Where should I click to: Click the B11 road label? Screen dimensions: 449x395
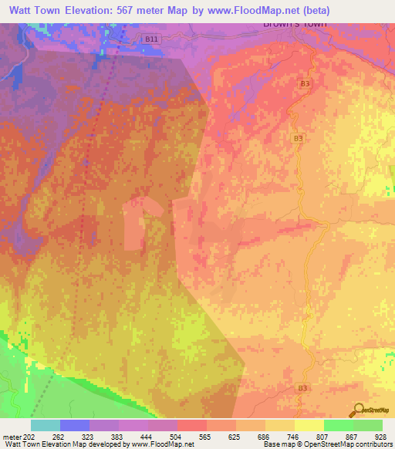pos(152,38)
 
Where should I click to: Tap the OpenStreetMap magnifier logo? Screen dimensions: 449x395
pos(360,410)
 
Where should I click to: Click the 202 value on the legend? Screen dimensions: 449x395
pos(29,437)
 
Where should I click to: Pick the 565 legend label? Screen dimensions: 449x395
pos(205,437)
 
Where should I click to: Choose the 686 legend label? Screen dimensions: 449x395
pos(264,437)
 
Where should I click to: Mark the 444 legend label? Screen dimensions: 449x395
pos(146,437)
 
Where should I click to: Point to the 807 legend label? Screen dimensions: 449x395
pos(322,437)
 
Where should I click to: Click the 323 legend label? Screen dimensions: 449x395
pos(87,437)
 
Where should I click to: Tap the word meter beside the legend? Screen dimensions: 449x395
pos(11,437)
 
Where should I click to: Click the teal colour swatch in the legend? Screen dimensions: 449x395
pos(45,425)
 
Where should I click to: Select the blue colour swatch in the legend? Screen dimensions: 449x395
pos(74,425)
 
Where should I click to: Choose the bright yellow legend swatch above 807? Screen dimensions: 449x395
pos(309,425)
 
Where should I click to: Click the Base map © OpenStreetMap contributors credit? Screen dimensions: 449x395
pos(326,444)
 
